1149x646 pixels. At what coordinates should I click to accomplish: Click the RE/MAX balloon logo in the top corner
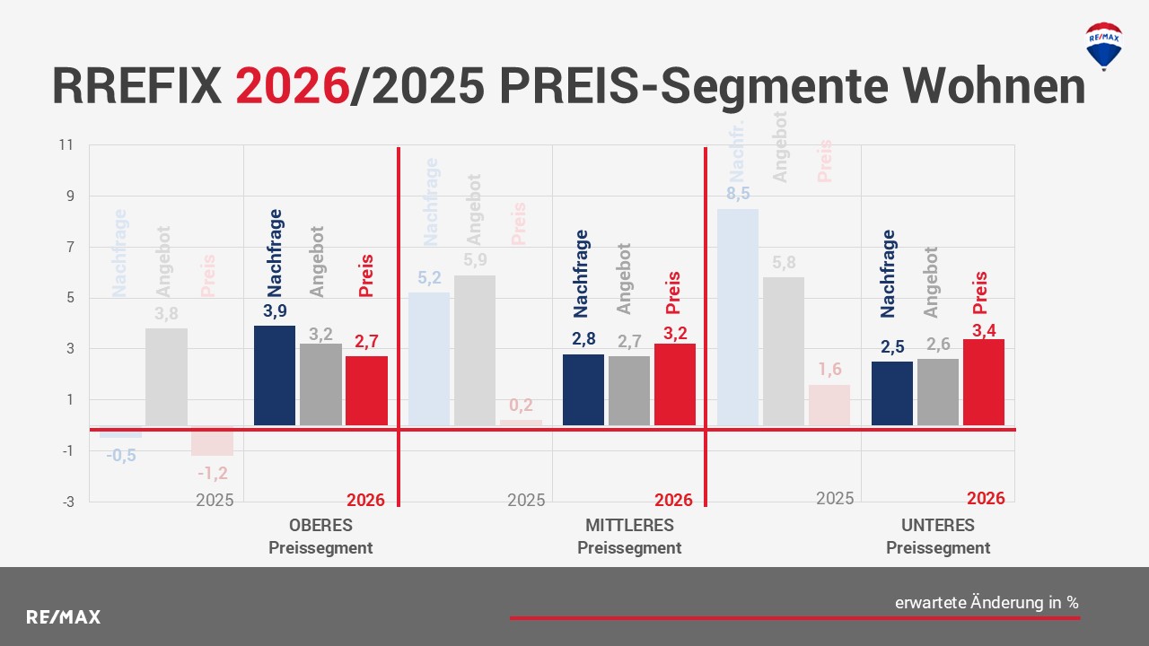pos(1103,45)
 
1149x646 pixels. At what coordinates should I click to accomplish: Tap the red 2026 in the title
pos(292,86)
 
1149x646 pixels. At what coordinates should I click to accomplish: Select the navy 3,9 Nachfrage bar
pos(275,375)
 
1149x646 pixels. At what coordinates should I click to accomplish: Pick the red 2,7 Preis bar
pos(366,390)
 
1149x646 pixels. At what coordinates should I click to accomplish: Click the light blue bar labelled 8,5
pos(737,317)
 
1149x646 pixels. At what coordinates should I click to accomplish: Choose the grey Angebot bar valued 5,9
pos(474,350)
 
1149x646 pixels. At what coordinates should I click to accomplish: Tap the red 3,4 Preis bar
pos(983,381)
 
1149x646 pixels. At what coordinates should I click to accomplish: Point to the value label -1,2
pos(212,474)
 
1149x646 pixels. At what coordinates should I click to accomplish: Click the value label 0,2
pos(521,405)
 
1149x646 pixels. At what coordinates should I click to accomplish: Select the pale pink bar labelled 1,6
pos(829,405)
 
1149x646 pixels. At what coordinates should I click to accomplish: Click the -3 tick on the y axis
pos(68,502)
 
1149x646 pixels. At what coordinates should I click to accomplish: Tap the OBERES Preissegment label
pos(320,537)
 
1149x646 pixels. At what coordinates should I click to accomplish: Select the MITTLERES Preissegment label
pos(628,537)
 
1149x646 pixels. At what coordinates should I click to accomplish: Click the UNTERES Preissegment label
pos(937,537)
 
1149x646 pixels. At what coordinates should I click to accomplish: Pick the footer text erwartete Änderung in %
pos(987,603)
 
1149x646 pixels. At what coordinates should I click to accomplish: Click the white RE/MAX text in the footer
pos(63,617)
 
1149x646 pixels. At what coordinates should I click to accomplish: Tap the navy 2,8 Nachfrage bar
pos(583,389)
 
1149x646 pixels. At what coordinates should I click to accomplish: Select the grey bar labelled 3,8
pos(166,377)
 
